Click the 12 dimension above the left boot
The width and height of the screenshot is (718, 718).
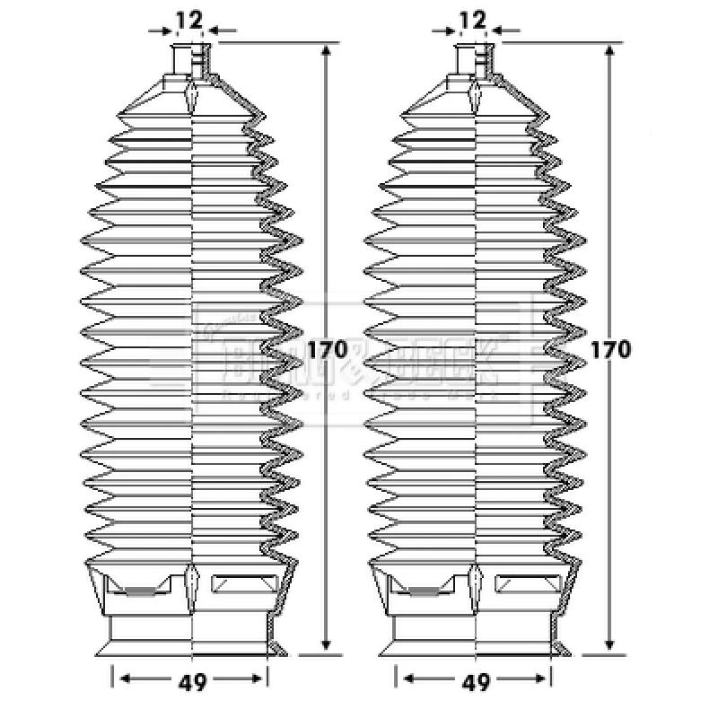189,19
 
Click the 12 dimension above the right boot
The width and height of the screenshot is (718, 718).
472,19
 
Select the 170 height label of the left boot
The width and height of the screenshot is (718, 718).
327,349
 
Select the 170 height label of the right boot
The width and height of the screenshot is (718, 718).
610,349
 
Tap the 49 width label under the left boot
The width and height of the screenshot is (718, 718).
192,682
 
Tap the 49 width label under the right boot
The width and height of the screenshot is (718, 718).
477,682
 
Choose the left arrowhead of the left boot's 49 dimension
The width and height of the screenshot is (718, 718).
125,679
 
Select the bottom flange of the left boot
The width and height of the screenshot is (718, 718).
190,644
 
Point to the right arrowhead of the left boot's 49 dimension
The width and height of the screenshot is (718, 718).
261,679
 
